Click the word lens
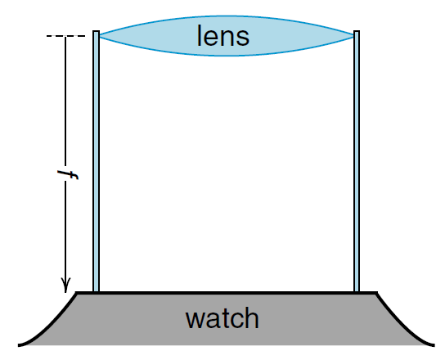[x=223, y=36]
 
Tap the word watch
[x=222, y=318]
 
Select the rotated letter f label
[x=68, y=174]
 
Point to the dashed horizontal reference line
[x=65, y=36]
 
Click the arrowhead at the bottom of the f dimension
[x=65, y=286]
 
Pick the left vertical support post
[x=96, y=161]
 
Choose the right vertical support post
[x=357, y=161]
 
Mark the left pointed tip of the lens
[x=100, y=36]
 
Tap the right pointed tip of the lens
[x=353, y=36]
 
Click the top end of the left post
[x=96, y=30]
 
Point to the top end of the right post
[x=357, y=30]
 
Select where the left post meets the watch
[x=96, y=291]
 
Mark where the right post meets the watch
[x=357, y=291]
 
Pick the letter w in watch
[x=195, y=320]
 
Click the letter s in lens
[x=243, y=38]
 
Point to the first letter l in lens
[x=199, y=35]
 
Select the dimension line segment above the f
[x=65, y=101]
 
